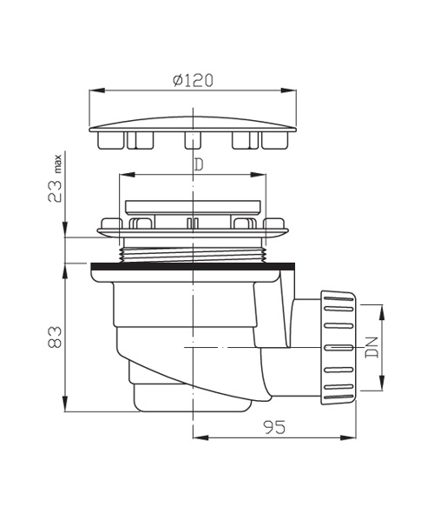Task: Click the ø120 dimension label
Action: click(x=193, y=80)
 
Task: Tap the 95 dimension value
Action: click(x=274, y=427)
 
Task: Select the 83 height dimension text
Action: click(x=55, y=337)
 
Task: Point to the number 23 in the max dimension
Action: click(x=55, y=191)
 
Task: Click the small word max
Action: click(x=57, y=164)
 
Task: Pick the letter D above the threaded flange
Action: click(x=199, y=165)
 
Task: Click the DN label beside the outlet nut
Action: click(x=372, y=347)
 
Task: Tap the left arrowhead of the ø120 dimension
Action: click(x=97, y=90)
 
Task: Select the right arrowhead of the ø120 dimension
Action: click(x=288, y=90)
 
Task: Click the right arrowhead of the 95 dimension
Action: click(x=348, y=437)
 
